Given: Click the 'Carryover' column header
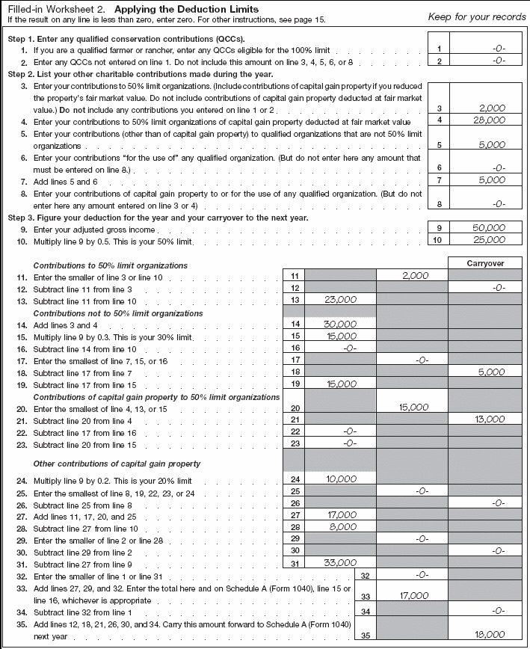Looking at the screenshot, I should coord(485,263).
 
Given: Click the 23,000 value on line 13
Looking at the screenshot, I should coord(341,300).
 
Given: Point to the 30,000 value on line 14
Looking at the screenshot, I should coord(341,324).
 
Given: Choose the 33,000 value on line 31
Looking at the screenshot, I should coord(341,562).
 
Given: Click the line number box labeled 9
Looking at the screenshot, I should coord(439,228).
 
